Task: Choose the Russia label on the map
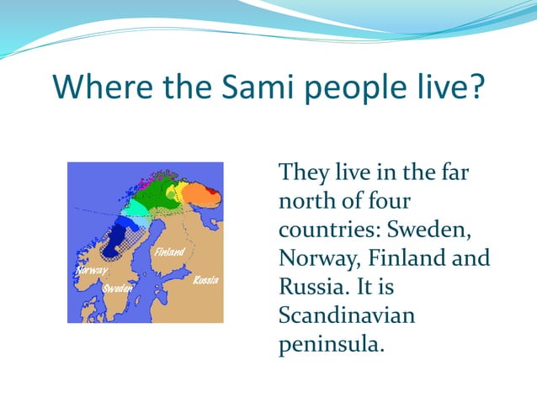click(x=205, y=279)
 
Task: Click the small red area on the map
click(x=214, y=195)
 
